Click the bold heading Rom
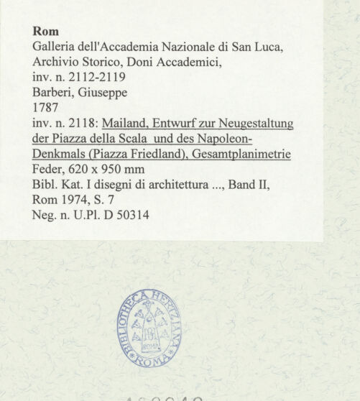[46, 32]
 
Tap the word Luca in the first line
[268, 47]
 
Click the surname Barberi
[54, 93]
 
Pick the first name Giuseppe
[103, 93]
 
